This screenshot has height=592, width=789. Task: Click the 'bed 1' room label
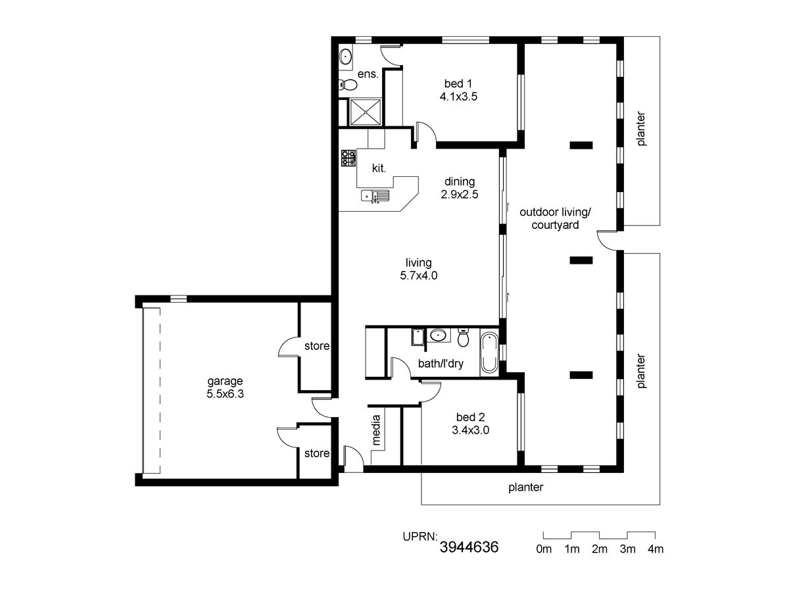pyautogui.click(x=458, y=84)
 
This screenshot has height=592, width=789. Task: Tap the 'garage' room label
pyautogui.click(x=225, y=382)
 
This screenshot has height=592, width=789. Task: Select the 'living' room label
pyautogui.click(x=418, y=263)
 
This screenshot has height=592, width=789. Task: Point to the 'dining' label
pyautogui.click(x=460, y=182)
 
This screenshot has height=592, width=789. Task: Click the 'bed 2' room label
pyautogui.click(x=470, y=417)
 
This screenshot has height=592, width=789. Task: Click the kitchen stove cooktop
pyautogui.click(x=348, y=158)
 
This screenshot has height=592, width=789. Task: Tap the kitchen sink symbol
pyautogui.click(x=375, y=196)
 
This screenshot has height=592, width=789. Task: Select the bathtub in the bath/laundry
pyautogui.click(x=489, y=353)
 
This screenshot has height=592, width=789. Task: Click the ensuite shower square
pyautogui.click(x=365, y=112)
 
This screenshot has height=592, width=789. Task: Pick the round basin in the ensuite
pyautogui.click(x=345, y=57)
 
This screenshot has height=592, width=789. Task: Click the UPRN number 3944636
pyautogui.click(x=469, y=547)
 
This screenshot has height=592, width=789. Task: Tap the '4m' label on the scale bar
pyautogui.click(x=656, y=549)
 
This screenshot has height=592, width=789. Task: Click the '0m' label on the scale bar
pyautogui.click(x=544, y=549)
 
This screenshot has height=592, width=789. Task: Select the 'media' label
pyautogui.click(x=376, y=430)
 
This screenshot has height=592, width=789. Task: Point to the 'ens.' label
pyautogui.click(x=368, y=74)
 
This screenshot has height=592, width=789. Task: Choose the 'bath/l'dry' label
pyautogui.click(x=441, y=364)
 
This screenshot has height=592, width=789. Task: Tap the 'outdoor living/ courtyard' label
pyautogui.click(x=555, y=218)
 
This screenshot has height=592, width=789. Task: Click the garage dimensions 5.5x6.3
pyautogui.click(x=225, y=394)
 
